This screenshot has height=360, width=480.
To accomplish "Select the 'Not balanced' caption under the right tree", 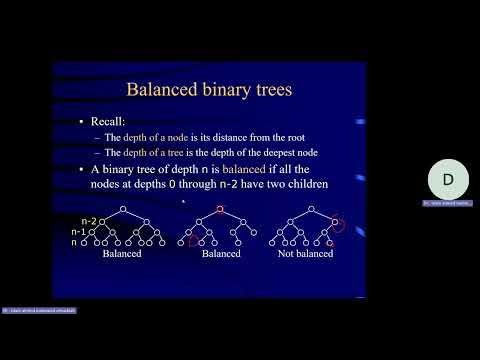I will tap(304, 254).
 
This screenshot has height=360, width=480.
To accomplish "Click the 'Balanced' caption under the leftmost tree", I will tap(121, 254).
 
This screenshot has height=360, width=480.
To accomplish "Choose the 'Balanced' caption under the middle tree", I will tap(221, 254).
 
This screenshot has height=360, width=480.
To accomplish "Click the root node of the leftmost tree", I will tap(122, 209).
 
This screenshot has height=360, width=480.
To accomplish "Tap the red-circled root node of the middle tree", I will tap(221, 209).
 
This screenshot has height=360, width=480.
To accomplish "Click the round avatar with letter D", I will tap(448, 179).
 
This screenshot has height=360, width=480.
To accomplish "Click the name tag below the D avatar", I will tap(448, 203).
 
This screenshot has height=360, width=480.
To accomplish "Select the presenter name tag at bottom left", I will tap(40, 311).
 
